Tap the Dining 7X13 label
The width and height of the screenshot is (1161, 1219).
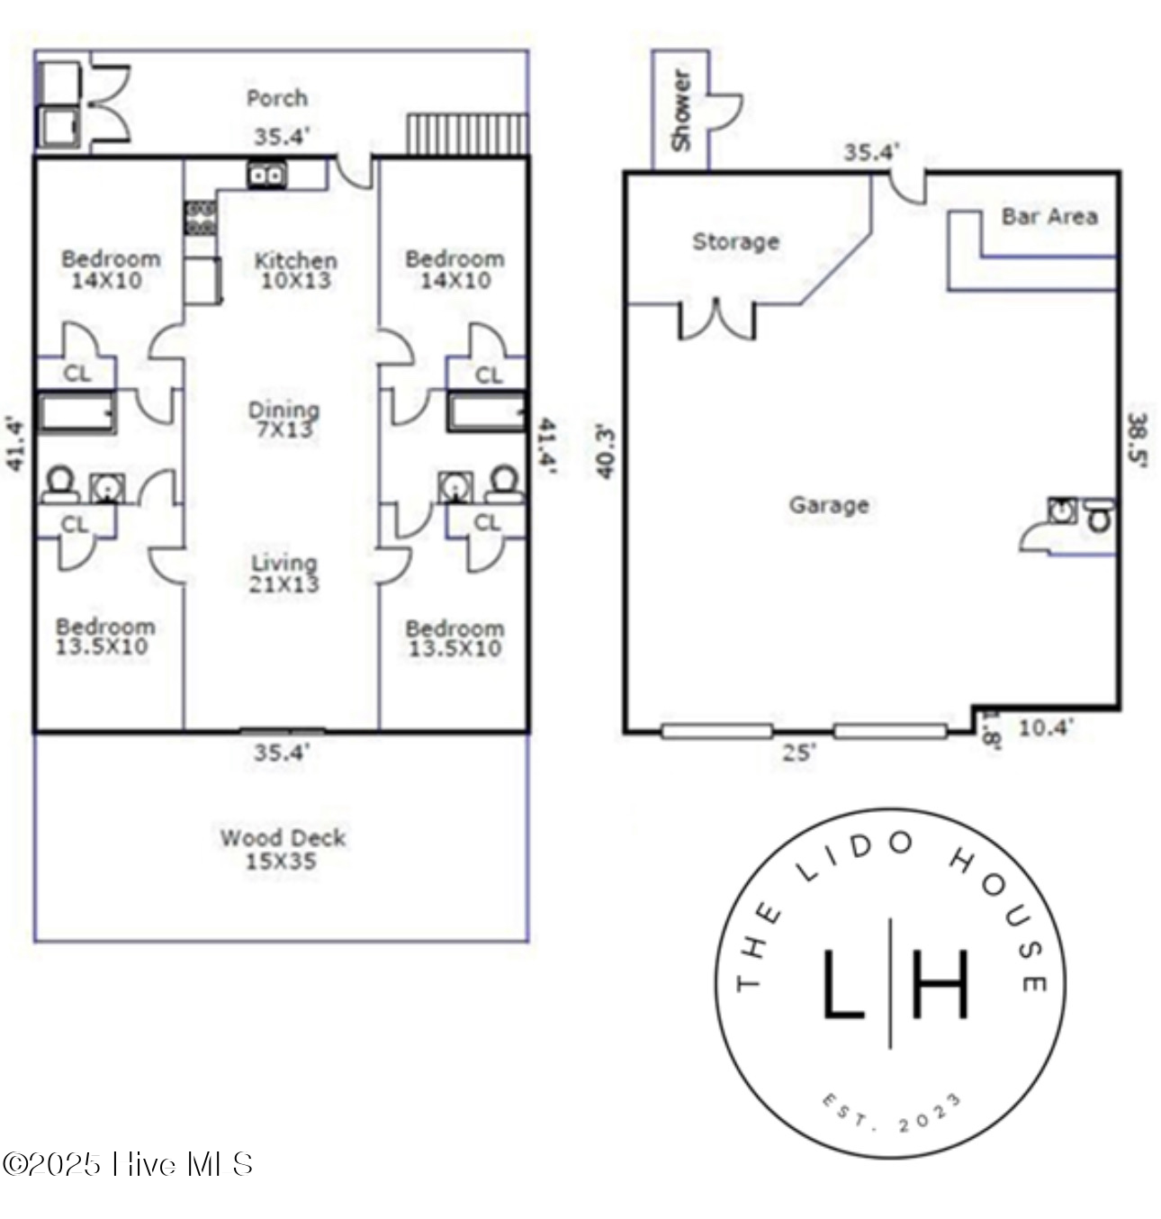pyautogui.click(x=284, y=420)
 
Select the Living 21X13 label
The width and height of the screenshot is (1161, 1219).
pyautogui.click(x=284, y=573)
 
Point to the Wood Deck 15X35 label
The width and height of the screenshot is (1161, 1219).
pyautogui.click(x=283, y=849)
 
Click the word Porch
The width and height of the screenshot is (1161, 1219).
pyautogui.click(x=277, y=97)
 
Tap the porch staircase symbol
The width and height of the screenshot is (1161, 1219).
pyautogui.click(x=467, y=134)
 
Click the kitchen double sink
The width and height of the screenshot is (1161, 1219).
pyautogui.click(x=267, y=175)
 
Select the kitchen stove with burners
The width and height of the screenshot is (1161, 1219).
pyautogui.click(x=201, y=218)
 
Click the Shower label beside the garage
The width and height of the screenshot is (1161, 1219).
pyautogui.click(x=681, y=110)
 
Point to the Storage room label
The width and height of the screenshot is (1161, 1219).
pyautogui.click(x=735, y=241)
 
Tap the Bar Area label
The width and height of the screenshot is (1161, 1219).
pyautogui.click(x=1049, y=216)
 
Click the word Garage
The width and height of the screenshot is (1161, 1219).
pyautogui.click(x=829, y=505)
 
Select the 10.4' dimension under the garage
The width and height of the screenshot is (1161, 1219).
pyautogui.click(x=1045, y=727)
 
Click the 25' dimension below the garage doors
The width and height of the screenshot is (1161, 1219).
pyautogui.click(x=798, y=753)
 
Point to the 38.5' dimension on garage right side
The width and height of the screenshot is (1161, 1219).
pyautogui.click(x=1138, y=441)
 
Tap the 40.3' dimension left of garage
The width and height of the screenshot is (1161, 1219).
pyautogui.click(x=606, y=452)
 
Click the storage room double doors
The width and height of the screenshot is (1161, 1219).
pyautogui.click(x=716, y=321)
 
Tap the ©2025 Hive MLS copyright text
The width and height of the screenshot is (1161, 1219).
pyautogui.click(x=127, y=1164)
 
